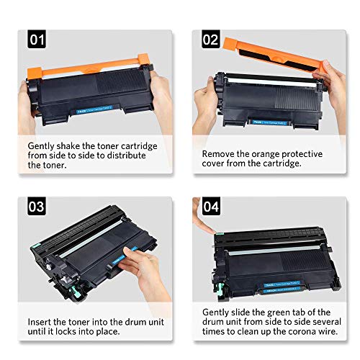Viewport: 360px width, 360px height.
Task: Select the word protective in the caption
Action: (302, 153)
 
